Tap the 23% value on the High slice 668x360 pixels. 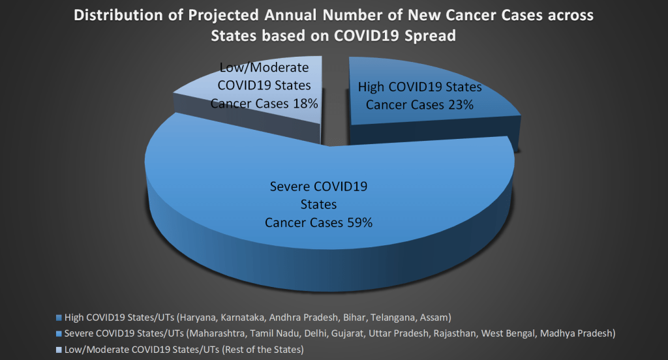pyautogui.click(x=460, y=104)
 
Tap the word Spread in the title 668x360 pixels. pyautogui.click(x=428, y=37)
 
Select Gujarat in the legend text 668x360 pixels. pyautogui.click(x=344, y=333)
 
